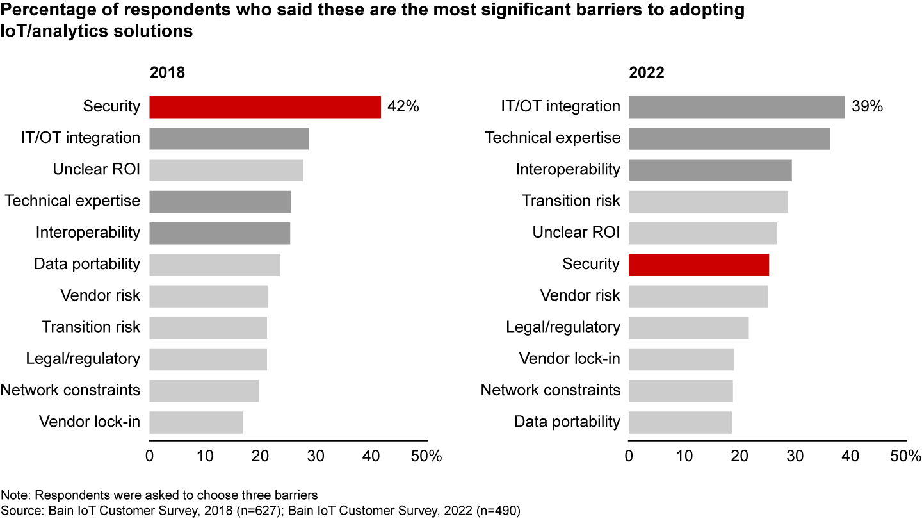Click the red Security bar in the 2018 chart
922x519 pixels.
pyautogui.click(x=265, y=107)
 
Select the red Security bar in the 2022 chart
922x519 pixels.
pyautogui.click(x=699, y=264)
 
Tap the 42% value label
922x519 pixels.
pyautogui.click(x=403, y=107)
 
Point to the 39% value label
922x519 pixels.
pyautogui.click(x=867, y=107)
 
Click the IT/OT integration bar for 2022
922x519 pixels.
pyautogui.click(x=736, y=107)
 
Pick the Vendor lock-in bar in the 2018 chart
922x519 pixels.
pyautogui.click(x=196, y=422)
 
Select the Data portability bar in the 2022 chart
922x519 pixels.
pyautogui.click(x=680, y=422)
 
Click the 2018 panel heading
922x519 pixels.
pyautogui.click(x=167, y=72)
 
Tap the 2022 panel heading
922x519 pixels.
pyautogui.click(x=646, y=72)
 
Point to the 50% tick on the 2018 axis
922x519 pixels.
pyautogui.click(x=426, y=456)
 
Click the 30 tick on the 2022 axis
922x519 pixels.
pyautogui.click(x=795, y=456)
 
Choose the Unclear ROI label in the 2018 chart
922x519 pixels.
pyautogui.click(x=97, y=170)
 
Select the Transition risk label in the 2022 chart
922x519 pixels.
pyautogui.click(x=571, y=201)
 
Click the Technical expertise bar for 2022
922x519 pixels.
pyautogui.click(x=729, y=138)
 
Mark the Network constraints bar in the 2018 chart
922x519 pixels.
pyautogui.click(x=204, y=390)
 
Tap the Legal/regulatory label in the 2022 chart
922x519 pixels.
pyautogui.click(x=563, y=327)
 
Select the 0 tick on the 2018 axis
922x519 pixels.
pyautogui.click(x=150, y=456)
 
